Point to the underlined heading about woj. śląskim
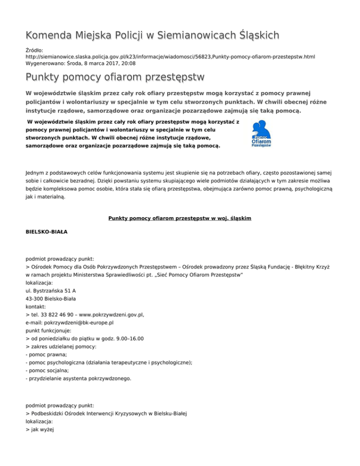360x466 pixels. pos(180,218)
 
